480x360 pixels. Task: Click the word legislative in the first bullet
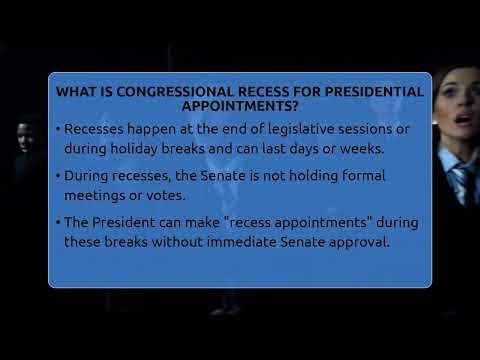pos(283,129)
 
